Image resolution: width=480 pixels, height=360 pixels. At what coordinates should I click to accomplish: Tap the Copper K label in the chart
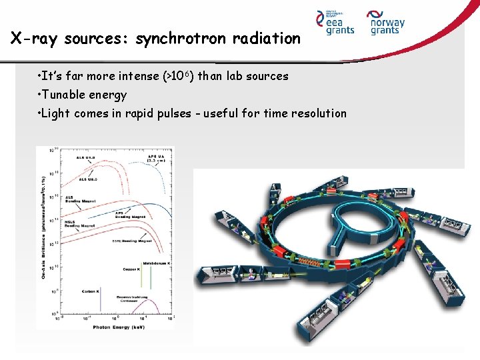pos(131,269)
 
